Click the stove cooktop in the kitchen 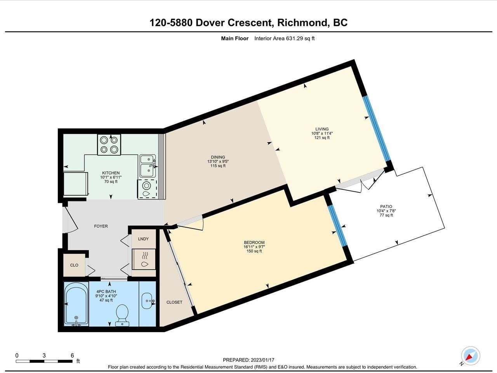tap(109, 145)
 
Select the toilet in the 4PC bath tap(122, 315)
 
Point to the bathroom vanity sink tap(148, 301)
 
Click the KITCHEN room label tap(111, 173)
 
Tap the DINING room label tap(218, 157)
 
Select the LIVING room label tap(322, 129)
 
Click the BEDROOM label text tap(254, 242)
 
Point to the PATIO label tap(386, 207)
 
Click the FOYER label tap(101, 226)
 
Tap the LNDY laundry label tap(143, 239)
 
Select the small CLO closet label tap(74, 265)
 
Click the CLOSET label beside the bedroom tap(174, 302)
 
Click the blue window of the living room tap(377, 129)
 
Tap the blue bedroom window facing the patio tap(337, 226)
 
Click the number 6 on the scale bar tap(72, 356)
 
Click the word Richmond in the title tap(303, 23)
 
